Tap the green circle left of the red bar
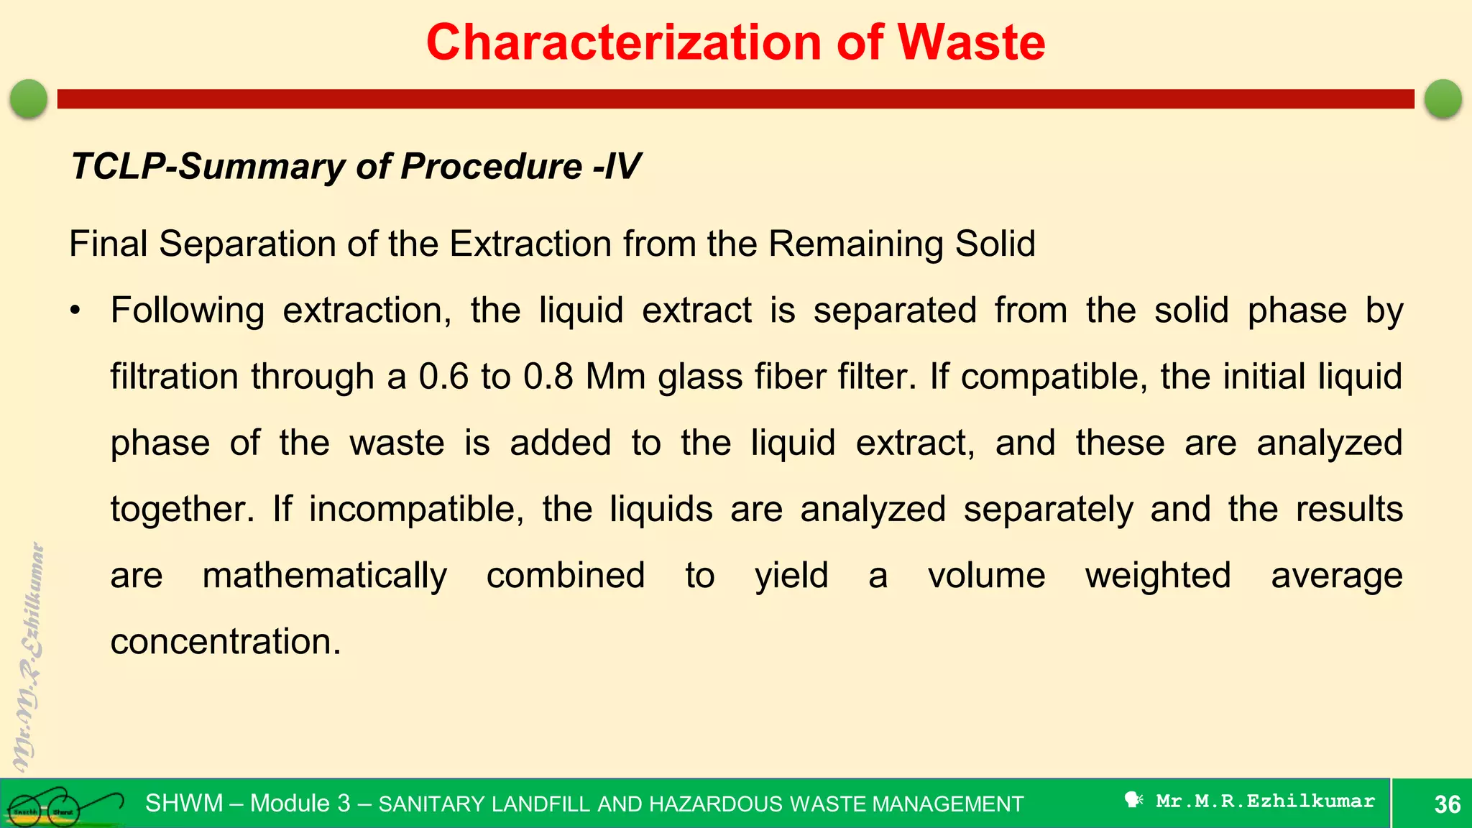[x=29, y=98]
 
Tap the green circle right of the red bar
[x=1443, y=98]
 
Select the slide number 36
[x=1447, y=804]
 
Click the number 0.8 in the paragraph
[x=548, y=377]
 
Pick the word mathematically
[x=325, y=576]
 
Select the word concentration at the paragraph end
[x=225, y=642]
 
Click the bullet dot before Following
[x=75, y=311]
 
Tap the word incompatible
[x=416, y=510]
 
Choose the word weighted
[x=1158, y=576]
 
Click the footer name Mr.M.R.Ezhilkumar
[x=1265, y=801]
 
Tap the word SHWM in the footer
[x=184, y=803]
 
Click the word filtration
[x=174, y=377]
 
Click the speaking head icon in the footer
[x=1133, y=800]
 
